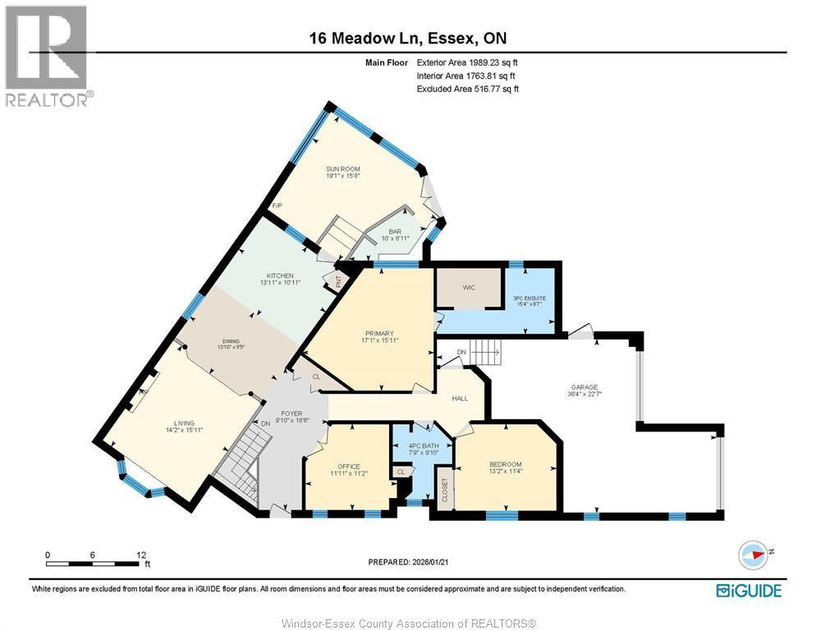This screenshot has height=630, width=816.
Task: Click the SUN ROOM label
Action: click(x=343, y=169)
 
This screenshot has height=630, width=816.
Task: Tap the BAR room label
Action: click(x=395, y=231)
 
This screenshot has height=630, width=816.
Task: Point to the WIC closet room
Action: click(x=469, y=287)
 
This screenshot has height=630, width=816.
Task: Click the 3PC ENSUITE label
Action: click(x=529, y=297)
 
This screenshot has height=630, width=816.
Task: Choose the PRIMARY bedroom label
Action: click(x=379, y=333)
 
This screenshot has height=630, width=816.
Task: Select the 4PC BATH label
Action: click(x=424, y=446)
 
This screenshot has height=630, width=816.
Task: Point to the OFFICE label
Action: click(x=347, y=466)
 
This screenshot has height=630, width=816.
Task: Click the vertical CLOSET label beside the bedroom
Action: click(x=445, y=491)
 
